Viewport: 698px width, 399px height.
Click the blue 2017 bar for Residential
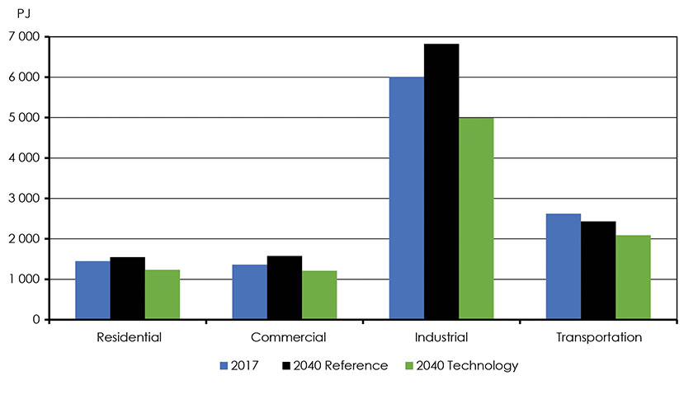tap(92, 290)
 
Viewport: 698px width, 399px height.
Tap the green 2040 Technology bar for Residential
tap(162, 294)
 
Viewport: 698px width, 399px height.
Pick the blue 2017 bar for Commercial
tap(249, 292)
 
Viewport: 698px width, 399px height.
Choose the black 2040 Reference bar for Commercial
tap(284, 288)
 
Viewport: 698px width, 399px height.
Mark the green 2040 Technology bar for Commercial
tap(318, 295)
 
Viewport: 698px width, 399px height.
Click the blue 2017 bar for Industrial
tap(406, 198)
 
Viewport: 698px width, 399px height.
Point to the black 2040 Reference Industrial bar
tap(441, 181)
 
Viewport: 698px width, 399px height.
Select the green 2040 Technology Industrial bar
tap(475, 218)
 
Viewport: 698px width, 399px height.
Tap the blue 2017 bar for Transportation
tap(563, 266)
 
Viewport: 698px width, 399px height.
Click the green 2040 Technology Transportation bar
tap(632, 277)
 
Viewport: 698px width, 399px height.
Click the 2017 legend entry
tap(242, 365)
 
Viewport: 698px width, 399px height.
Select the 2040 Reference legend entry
tap(334, 365)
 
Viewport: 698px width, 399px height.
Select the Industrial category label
tap(441, 337)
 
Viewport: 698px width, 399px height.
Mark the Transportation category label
tap(597, 337)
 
